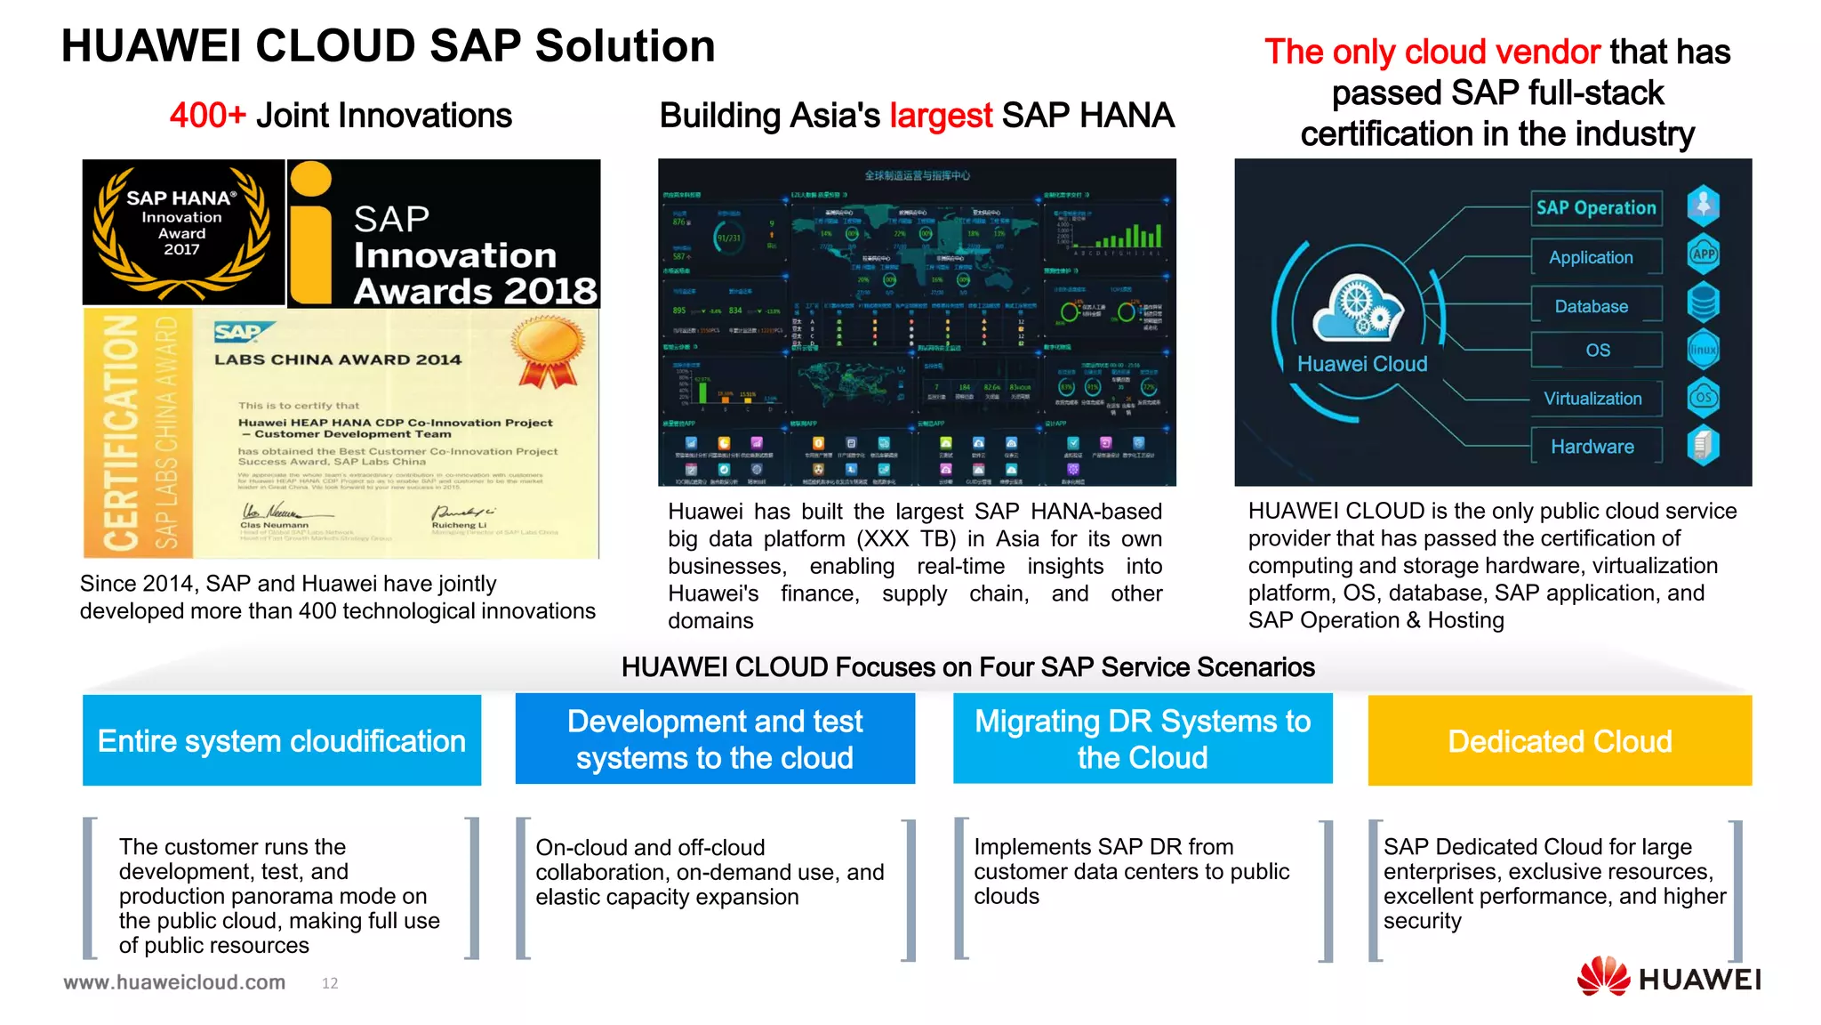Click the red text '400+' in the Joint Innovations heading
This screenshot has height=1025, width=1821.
tap(207, 116)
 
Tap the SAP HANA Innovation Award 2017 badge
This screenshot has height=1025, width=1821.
tap(182, 231)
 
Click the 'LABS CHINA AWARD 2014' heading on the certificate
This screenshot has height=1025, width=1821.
tap(338, 359)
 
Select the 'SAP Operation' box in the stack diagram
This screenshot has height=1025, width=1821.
tap(1596, 208)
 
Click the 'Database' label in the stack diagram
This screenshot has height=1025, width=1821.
tap(1591, 306)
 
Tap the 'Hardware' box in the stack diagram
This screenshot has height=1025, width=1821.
tap(1592, 447)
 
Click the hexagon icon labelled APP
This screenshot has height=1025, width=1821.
tap(1703, 254)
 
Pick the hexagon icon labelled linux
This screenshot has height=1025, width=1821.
tap(1703, 350)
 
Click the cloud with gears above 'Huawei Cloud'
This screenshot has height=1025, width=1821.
tap(1359, 308)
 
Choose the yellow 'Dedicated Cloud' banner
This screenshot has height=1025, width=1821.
tap(1560, 740)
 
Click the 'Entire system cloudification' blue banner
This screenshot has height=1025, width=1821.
tap(282, 740)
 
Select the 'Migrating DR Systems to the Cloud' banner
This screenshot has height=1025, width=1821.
tap(1143, 739)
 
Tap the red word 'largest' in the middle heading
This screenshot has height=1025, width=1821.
tap(941, 116)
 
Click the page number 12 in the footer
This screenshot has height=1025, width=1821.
tap(330, 983)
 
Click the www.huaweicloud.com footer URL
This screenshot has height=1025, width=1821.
tap(174, 982)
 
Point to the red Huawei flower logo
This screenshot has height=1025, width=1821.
tap(1603, 977)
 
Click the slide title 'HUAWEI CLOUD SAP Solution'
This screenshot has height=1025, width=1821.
tap(388, 46)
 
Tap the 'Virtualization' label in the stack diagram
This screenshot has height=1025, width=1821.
tap(1592, 399)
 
